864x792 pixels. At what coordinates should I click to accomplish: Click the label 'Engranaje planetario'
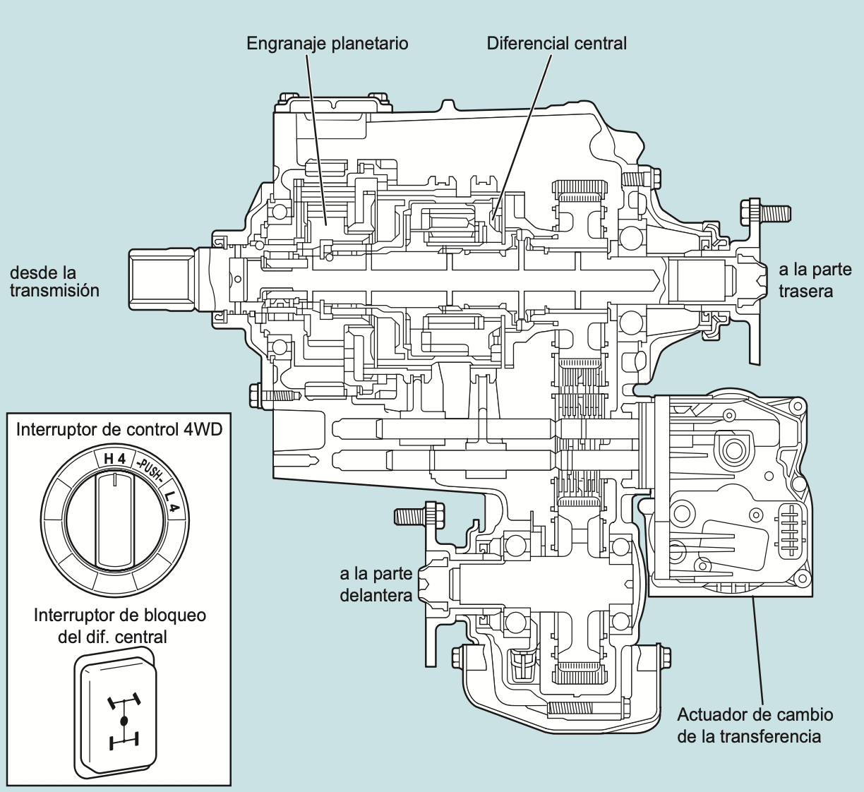click(328, 44)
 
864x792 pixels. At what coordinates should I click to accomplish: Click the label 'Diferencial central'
click(556, 44)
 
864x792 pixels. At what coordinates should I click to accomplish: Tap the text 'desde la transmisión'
click(54, 282)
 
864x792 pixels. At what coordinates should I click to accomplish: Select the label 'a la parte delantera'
click(376, 584)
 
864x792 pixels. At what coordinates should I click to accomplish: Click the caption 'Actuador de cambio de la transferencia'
click(755, 726)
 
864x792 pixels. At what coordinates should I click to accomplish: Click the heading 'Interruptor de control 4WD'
click(119, 429)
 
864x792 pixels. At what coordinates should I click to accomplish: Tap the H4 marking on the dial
click(114, 459)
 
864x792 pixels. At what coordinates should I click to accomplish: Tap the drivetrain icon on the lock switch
click(124, 721)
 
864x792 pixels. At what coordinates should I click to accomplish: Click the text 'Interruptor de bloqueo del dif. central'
click(119, 625)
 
